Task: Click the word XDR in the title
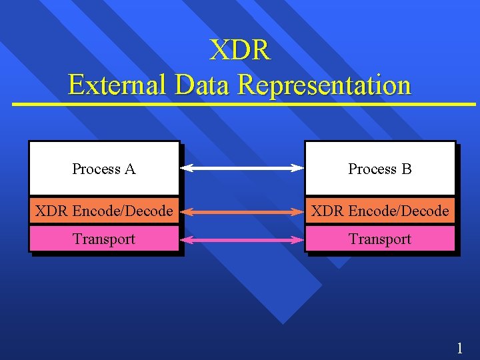(x=240, y=51)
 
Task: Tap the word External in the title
(x=117, y=85)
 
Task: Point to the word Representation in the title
(x=324, y=85)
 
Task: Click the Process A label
(x=103, y=169)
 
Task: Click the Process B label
(x=380, y=169)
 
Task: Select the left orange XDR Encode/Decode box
(x=104, y=211)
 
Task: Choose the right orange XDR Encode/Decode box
(x=380, y=211)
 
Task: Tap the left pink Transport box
(x=104, y=239)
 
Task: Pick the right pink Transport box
(x=380, y=239)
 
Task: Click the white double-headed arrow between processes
(x=242, y=169)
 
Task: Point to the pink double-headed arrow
(x=242, y=239)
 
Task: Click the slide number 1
(x=459, y=347)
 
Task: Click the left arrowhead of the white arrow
(x=187, y=169)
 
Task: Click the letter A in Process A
(x=130, y=169)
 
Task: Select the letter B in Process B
(x=407, y=169)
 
